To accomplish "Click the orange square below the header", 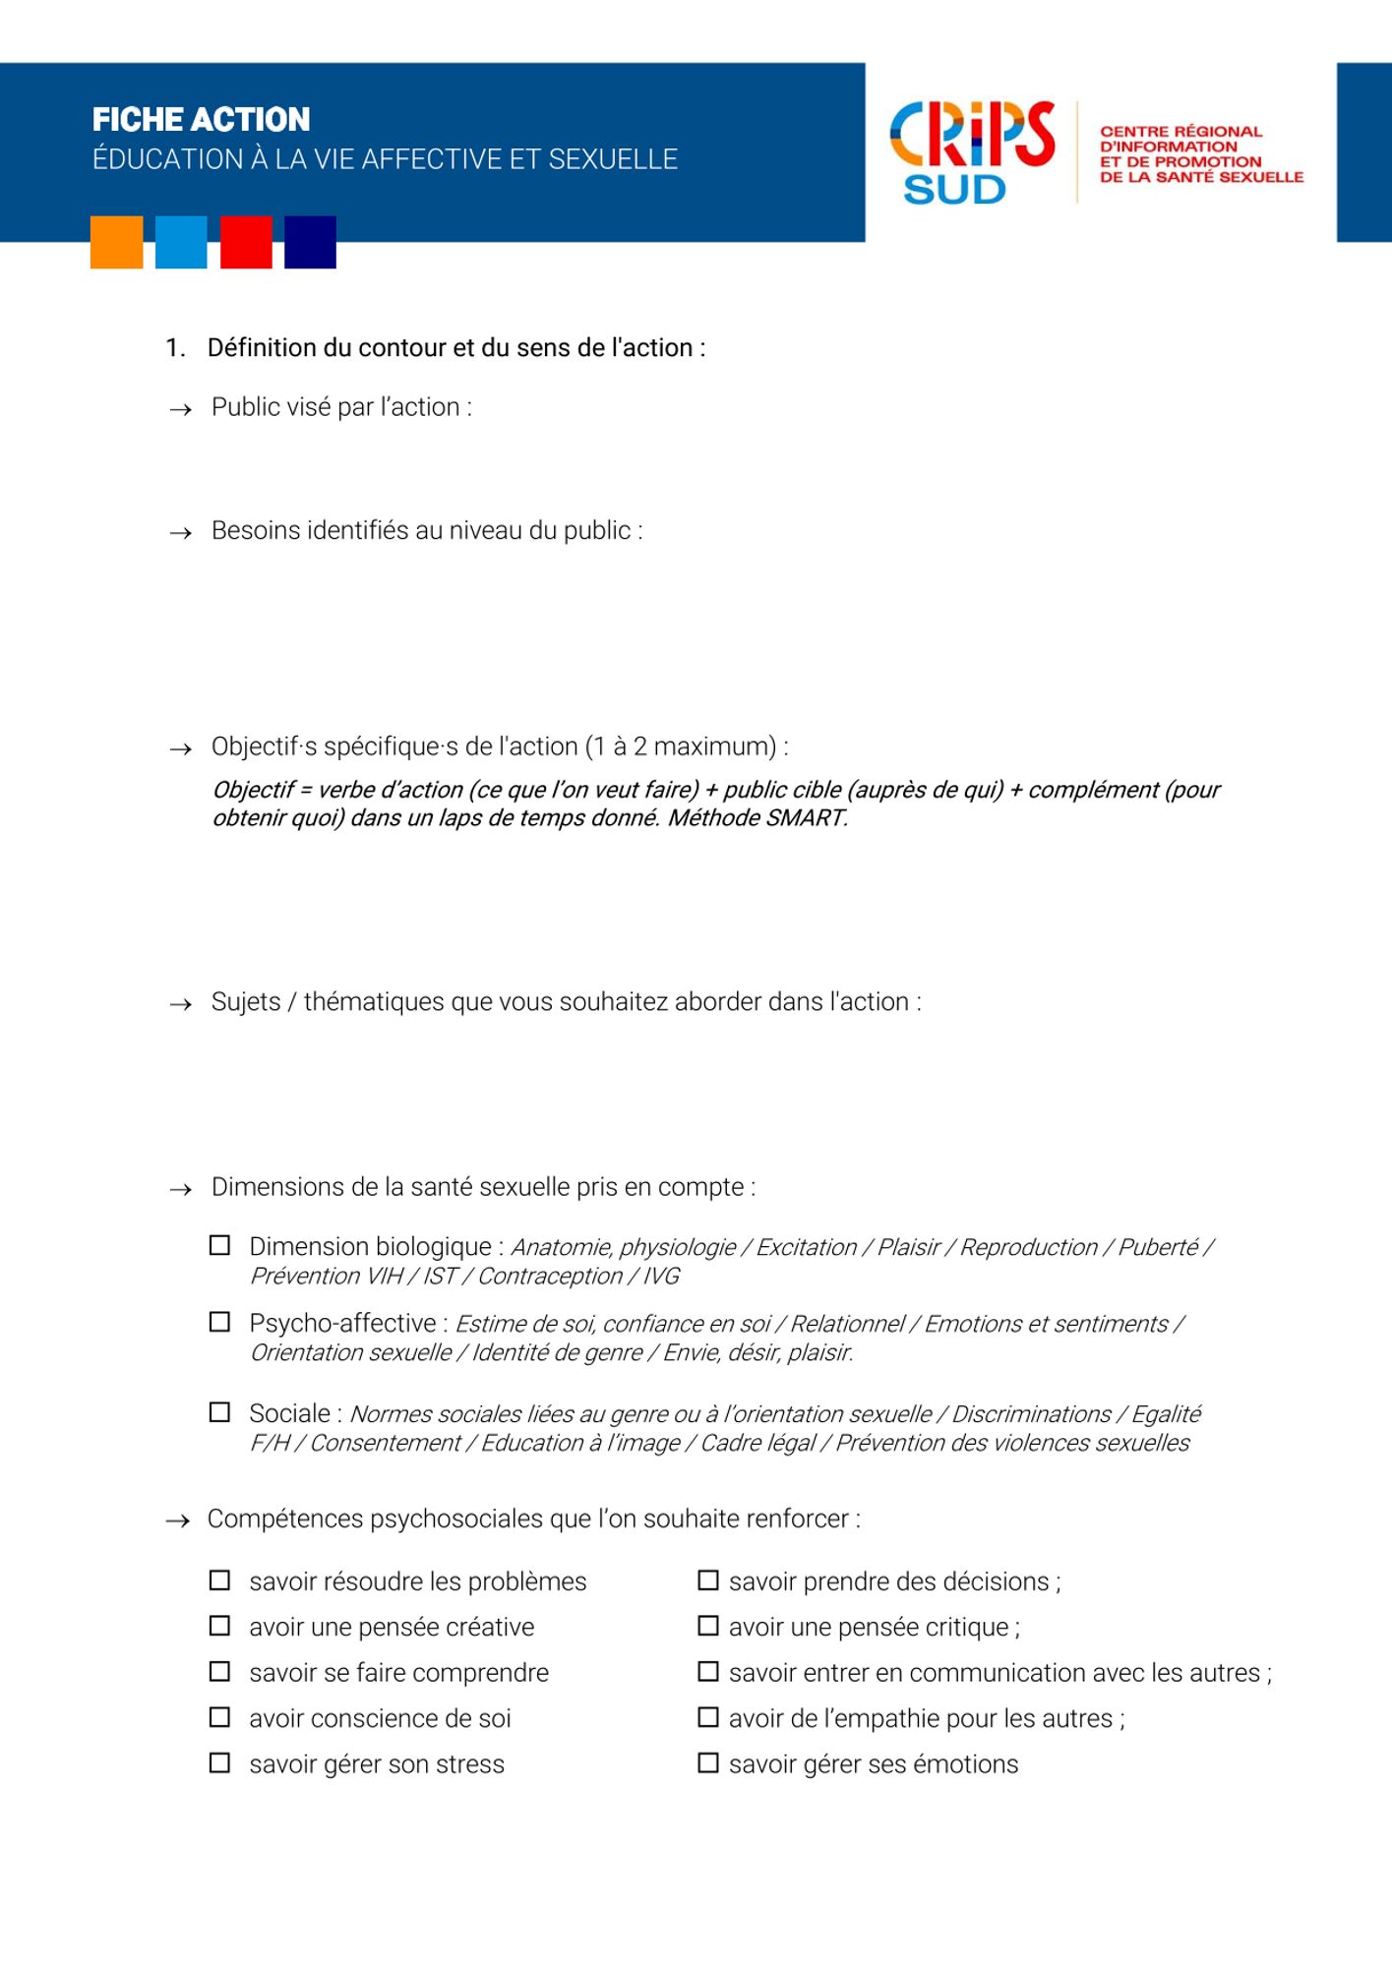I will [116, 242].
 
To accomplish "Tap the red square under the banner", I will [246, 242].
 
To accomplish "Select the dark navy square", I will [310, 242].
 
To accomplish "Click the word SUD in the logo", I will [954, 190].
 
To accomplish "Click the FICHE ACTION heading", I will [201, 119].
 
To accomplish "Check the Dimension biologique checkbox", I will [220, 1245].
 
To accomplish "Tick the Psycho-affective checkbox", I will [220, 1322].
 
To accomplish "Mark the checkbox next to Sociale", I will [220, 1412].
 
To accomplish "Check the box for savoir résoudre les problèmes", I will [220, 1580].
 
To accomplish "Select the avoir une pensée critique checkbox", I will [708, 1626].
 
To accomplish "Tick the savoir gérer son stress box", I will [220, 1762].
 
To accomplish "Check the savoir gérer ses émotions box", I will [708, 1762].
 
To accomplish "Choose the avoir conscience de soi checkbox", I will [220, 1717].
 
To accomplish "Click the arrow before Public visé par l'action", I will [180, 409].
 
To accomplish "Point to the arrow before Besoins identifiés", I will [180, 533].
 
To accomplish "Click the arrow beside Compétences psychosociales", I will [177, 1521].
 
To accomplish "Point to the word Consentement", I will [385, 1443].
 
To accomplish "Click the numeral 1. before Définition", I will [175, 348].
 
